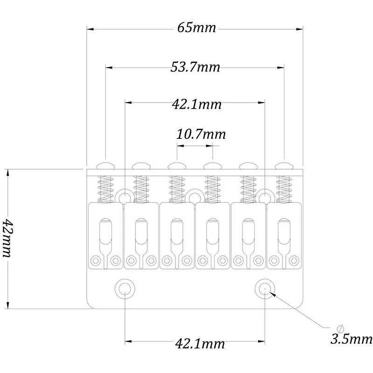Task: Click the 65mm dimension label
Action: tap(196, 28)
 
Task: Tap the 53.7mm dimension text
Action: tap(195, 67)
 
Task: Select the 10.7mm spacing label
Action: tap(201, 134)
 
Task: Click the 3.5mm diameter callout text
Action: tap(351, 339)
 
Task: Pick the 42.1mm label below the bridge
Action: tap(200, 344)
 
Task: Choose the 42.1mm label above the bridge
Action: tap(197, 104)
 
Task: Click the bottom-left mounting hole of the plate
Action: tap(125, 289)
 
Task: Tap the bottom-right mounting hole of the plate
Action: tap(265, 289)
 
